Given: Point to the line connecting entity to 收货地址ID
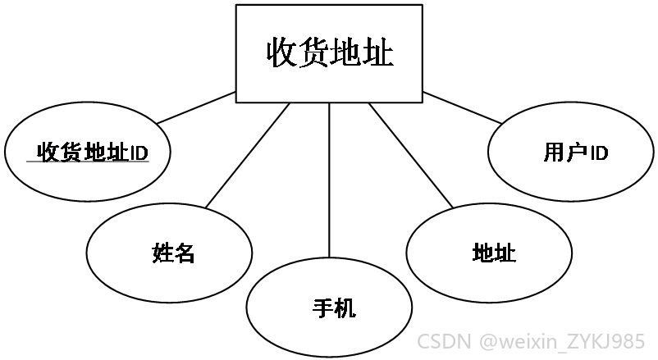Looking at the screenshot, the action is click(196, 107).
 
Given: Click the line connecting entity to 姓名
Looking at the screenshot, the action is click(248, 155).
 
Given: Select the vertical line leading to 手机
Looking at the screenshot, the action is click(330, 180).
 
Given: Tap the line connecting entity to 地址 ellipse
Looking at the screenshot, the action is click(411, 155).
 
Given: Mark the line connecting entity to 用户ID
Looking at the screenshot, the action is click(463, 107).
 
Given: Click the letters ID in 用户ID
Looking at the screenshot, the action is click(599, 153).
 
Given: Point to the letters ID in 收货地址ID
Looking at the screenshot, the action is click(139, 153).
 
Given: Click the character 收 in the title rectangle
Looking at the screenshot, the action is click(282, 53).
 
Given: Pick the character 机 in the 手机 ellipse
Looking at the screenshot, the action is click(345, 308).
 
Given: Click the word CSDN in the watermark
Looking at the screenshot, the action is click(444, 341).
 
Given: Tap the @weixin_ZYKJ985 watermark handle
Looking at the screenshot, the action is click(561, 341).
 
